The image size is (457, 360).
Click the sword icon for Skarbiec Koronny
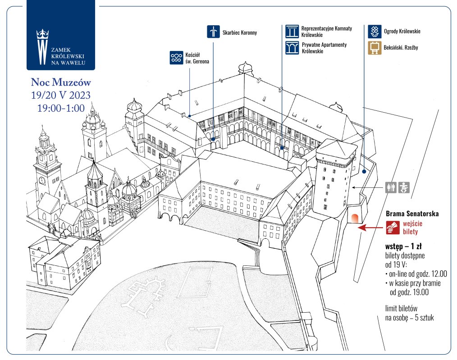point(213,32)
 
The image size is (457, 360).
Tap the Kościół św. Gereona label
point(197,58)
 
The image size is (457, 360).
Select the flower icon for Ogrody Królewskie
point(375,32)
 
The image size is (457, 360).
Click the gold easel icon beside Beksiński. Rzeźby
point(375,48)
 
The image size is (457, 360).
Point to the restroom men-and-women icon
point(391,187)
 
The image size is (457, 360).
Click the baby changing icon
point(404,187)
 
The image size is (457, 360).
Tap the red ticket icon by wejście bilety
point(393,228)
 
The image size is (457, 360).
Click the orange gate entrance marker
point(355,218)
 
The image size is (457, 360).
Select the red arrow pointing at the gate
point(370,228)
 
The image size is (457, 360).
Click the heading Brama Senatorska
point(412,214)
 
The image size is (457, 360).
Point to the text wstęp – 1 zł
point(403,246)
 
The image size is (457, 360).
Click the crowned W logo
point(42,46)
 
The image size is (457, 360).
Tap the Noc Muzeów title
point(61,82)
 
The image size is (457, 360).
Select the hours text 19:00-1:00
point(61,108)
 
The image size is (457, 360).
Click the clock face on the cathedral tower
point(42,181)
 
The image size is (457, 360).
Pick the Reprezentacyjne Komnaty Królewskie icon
point(292,32)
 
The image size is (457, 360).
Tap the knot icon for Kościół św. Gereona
point(176,57)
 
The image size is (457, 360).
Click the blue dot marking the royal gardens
point(364,172)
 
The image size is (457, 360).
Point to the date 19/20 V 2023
point(61,95)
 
